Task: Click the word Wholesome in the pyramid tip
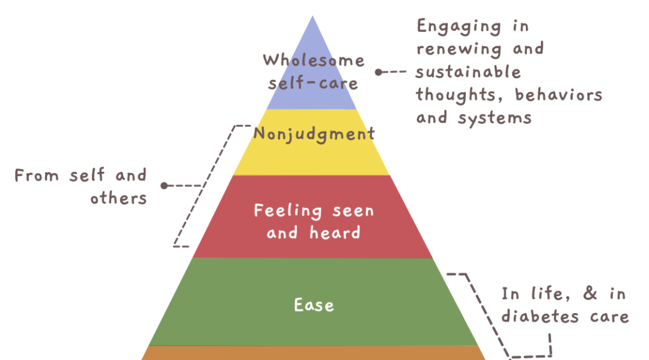coord(313,60)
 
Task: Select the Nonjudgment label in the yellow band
coord(314,133)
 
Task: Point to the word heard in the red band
coord(335,233)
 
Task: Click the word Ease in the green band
coord(314,305)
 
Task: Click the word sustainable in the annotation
coord(468,72)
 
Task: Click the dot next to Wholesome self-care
coord(378,72)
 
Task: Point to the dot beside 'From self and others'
coord(164,186)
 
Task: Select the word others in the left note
coord(118,198)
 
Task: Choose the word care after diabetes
coord(608,316)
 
